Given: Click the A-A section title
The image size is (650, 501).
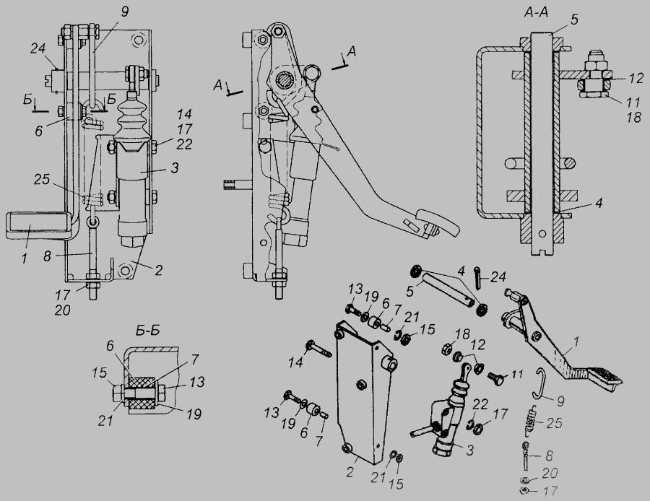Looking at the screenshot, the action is tap(536, 13).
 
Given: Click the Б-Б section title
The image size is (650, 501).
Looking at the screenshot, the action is tap(147, 331).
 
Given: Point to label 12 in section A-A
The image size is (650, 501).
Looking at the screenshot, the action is tap(635, 78).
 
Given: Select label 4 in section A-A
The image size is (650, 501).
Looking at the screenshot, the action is tap(598, 203).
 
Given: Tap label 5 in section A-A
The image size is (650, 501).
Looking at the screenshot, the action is tap(573, 20).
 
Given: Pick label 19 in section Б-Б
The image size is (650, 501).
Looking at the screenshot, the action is tap(194, 414).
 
